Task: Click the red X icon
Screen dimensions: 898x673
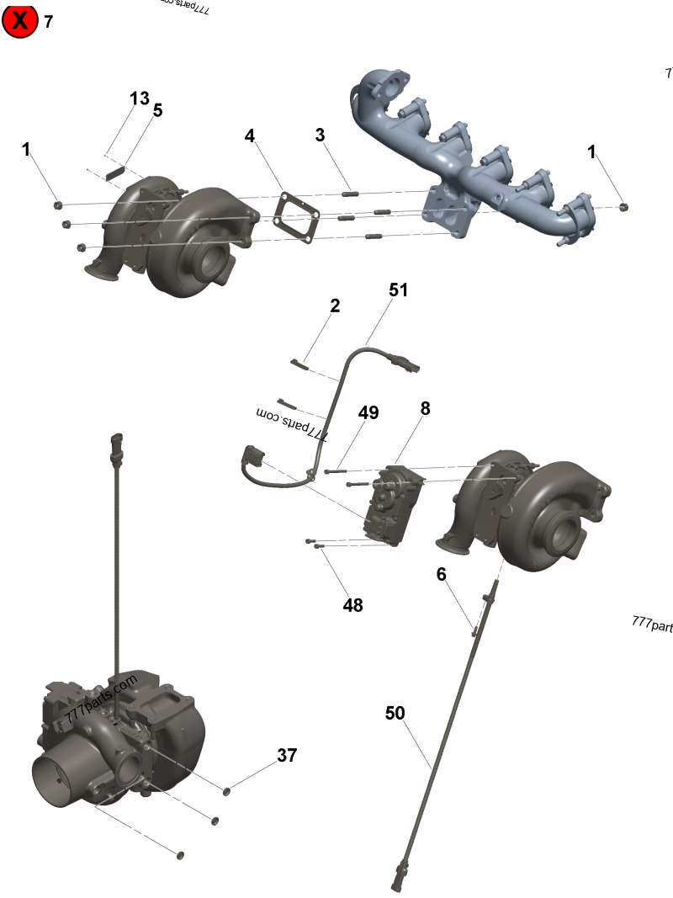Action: pyautogui.click(x=19, y=21)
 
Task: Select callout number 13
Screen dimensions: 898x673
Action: pyautogui.click(x=140, y=98)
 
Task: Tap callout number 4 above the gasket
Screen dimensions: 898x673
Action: pyautogui.click(x=250, y=135)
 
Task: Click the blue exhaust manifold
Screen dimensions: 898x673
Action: pyautogui.click(x=471, y=160)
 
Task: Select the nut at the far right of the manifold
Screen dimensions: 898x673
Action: pyautogui.click(x=623, y=206)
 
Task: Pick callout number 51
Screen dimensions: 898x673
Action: pyautogui.click(x=398, y=290)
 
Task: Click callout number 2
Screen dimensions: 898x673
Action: pyautogui.click(x=335, y=306)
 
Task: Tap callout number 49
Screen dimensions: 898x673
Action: pyautogui.click(x=368, y=412)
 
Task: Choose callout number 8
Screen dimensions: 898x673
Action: pyautogui.click(x=425, y=408)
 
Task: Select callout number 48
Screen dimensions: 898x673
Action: pyautogui.click(x=353, y=604)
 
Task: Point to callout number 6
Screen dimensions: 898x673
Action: pyautogui.click(x=441, y=574)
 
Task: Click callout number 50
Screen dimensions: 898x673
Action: pyautogui.click(x=395, y=713)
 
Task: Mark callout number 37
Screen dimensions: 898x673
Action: pyautogui.click(x=287, y=755)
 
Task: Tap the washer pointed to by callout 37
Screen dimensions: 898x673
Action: pyautogui.click(x=227, y=789)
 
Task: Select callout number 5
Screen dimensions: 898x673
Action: pyautogui.click(x=157, y=109)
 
